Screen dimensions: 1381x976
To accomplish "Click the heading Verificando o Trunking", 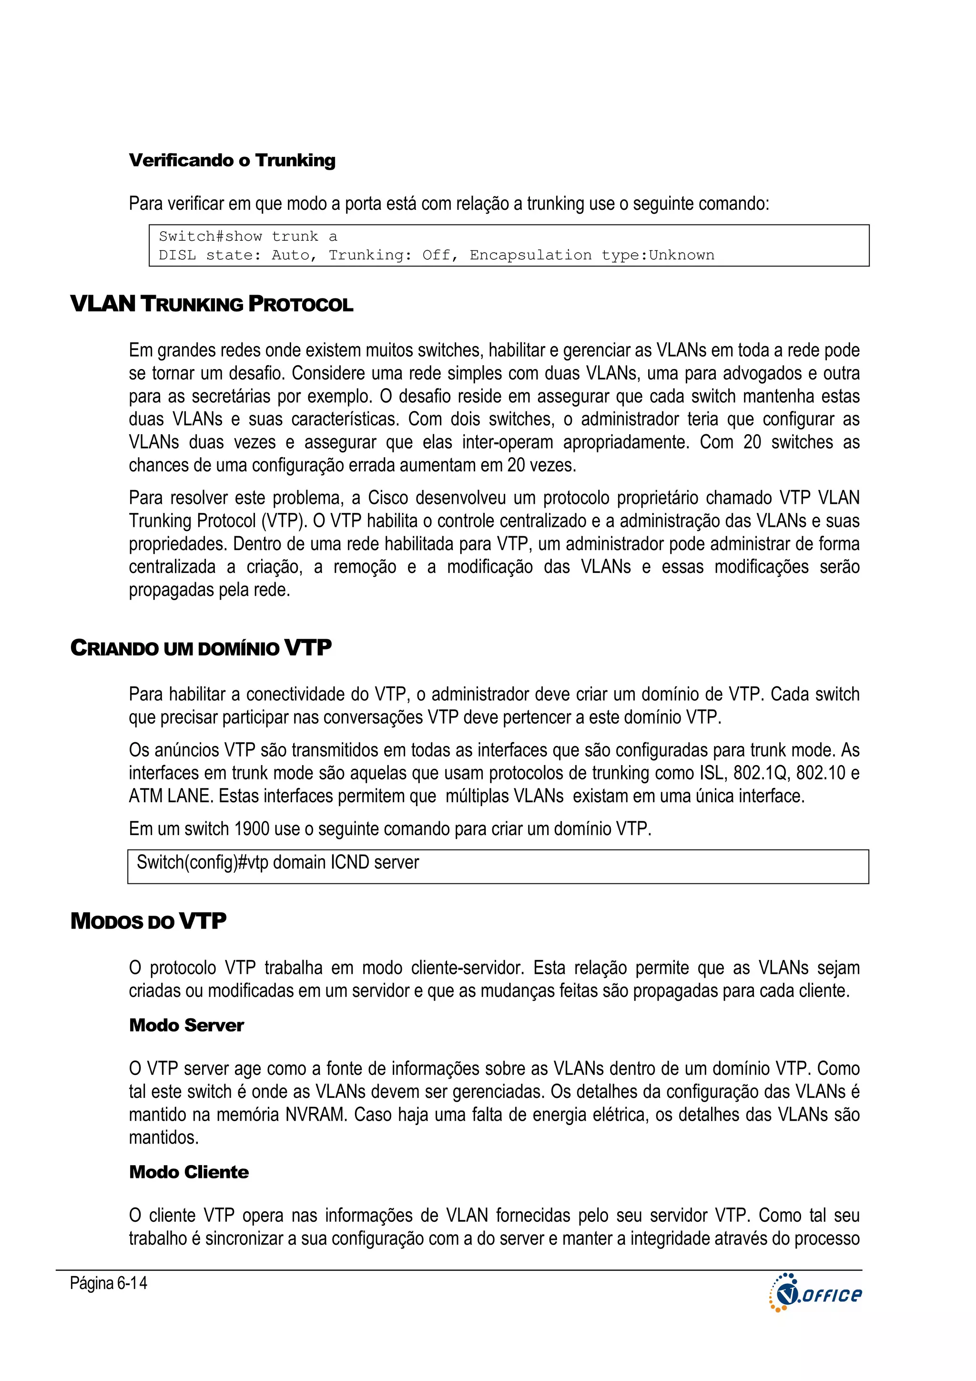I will (x=232, y=161).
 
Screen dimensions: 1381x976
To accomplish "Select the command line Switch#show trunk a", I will (x=248, y=236).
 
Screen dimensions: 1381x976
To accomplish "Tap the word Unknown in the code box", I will (x=681, y=255).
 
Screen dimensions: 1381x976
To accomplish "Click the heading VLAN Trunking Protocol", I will (x=212, y=304).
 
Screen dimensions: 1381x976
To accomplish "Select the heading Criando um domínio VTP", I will (x=201, y=648).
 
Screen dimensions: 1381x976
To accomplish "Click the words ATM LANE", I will (x=170, y=797).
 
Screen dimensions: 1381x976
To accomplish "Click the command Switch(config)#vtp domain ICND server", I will (x=278, y=862).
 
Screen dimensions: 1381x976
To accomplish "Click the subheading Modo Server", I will (x=186, y=1025).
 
